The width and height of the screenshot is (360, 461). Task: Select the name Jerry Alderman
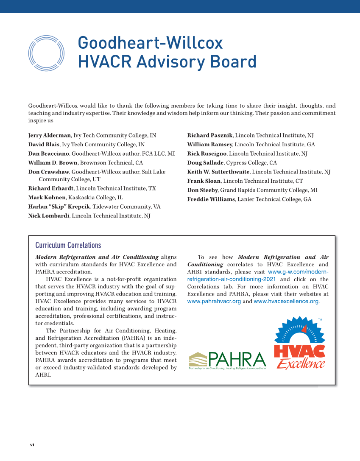[x=50, y=135]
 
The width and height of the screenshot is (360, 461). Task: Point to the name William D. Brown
[x=53, y=163]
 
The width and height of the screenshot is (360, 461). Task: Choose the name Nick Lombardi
[x=49, y=216]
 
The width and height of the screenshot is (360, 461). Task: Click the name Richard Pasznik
[x=210, y=135]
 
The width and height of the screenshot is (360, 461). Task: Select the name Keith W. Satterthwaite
[x=219, y=172]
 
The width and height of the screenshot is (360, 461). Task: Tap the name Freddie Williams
[x=211, y=199]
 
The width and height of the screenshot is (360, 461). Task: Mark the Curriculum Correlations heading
[x=68, y=246]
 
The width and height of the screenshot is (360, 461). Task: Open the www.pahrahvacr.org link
[x=214, y=301]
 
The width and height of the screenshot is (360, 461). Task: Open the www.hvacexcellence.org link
[x=286, y=301]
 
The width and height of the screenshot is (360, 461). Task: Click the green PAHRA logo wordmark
[x=237, y=360]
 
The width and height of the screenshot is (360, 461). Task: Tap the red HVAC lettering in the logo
[x=299, y=351]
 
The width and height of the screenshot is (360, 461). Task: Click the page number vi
[x=31, y=444]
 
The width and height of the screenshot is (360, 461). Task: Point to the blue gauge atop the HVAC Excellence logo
[x=300, y=331]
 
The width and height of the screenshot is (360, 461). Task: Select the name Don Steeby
[x=202, y=190]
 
